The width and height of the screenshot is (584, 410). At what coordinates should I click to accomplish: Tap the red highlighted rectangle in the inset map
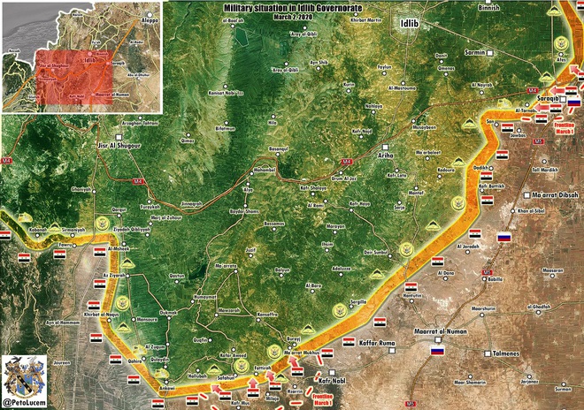(x=74, y=76)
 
